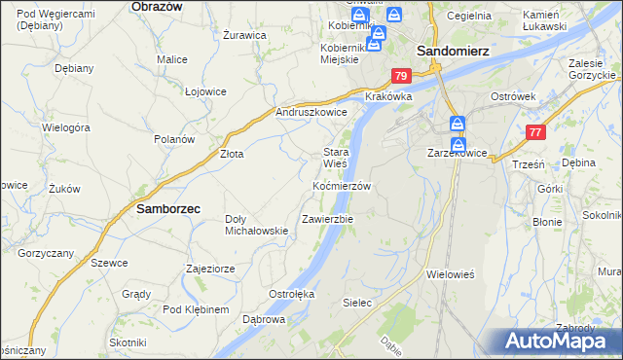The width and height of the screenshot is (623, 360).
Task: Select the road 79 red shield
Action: point(402,76)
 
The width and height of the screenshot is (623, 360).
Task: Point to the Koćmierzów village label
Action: point(342,186)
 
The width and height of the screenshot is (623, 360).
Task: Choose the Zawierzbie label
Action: point(327,219)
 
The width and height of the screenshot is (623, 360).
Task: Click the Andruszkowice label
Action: point(311,112)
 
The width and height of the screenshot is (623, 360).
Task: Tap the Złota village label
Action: point(231,154)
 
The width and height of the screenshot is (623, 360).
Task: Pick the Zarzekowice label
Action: point(457,154)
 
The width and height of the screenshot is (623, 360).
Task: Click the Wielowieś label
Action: point(450,274)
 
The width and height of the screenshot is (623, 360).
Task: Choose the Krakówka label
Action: point(389,97)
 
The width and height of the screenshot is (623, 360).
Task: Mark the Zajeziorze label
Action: point(209,268)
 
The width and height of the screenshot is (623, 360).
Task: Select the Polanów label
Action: point(174,139)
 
